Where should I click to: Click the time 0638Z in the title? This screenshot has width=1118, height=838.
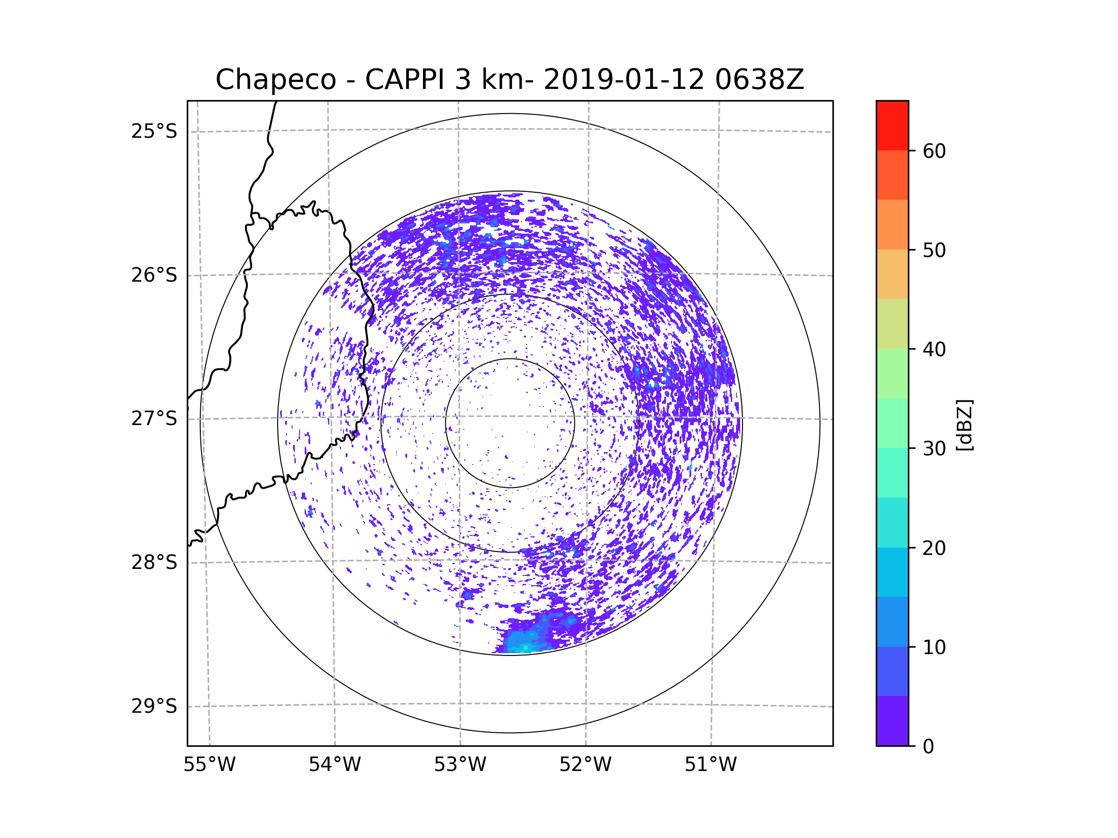tap(759, 80)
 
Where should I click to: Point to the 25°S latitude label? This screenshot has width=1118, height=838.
tap(154, 131)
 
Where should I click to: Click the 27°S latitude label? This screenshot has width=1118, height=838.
tap(154, 419)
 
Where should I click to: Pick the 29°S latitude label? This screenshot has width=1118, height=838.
tap(154, 706)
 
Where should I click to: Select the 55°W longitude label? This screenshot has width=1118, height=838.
tap(209, 765)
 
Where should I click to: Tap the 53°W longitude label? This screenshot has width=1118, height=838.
tap(460, 765)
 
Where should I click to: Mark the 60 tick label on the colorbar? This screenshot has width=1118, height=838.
tap(934, 151)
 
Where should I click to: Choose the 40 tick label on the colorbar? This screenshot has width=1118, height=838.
tap(934, 350)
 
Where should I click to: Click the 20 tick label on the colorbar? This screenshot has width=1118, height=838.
tap(934, 548)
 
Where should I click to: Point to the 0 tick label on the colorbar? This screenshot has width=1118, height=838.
tap(928, 747)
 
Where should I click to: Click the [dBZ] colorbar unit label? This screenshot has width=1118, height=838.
tap(964, 425)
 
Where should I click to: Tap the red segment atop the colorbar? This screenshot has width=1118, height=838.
tap(892, 125)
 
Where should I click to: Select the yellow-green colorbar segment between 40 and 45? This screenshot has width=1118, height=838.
tap(892, 324)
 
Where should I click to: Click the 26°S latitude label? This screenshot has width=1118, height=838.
tap(154, 275)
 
